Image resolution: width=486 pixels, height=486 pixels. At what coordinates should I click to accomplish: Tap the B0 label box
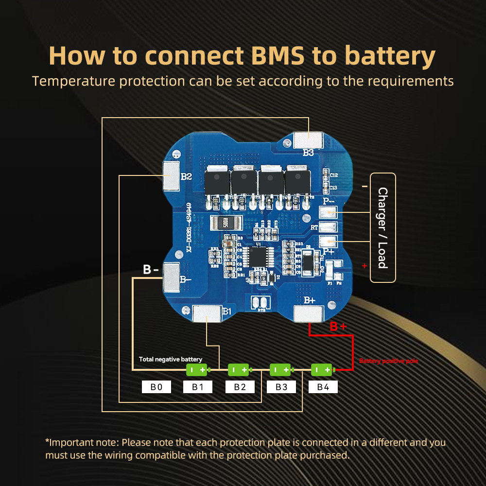tap(156, 387)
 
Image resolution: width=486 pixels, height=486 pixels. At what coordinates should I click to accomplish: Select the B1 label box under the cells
tap(197, 387)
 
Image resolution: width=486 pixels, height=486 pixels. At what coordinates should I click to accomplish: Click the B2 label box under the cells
tap(240, 387)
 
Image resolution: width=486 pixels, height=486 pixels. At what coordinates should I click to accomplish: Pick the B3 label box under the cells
tap(281, 387)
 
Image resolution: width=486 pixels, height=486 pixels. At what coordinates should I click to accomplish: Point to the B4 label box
tap(323, 387)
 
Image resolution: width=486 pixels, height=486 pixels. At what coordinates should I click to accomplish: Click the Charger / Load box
tap(383, 227)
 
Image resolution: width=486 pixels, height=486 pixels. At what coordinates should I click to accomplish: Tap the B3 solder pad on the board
tap(309, 140)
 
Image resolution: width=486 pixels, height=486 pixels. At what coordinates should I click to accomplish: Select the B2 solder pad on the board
tap(171, 175)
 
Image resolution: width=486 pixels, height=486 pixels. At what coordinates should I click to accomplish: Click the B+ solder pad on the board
tap(309, 314)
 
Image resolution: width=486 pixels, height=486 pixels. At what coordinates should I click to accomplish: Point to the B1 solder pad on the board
tap(208, 313)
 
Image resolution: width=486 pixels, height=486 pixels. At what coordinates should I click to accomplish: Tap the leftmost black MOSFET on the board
tap(218, 182)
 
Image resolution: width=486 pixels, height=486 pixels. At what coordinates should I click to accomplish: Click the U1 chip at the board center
tap(258, 257)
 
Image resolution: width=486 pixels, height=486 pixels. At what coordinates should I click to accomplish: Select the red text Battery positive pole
tap(388, 361)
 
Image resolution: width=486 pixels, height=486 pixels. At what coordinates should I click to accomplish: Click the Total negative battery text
tap(171, 359)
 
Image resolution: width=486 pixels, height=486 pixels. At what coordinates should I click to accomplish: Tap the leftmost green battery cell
tap(197, 370)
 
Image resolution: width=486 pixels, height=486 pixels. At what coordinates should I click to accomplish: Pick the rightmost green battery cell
tap(322, 370)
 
